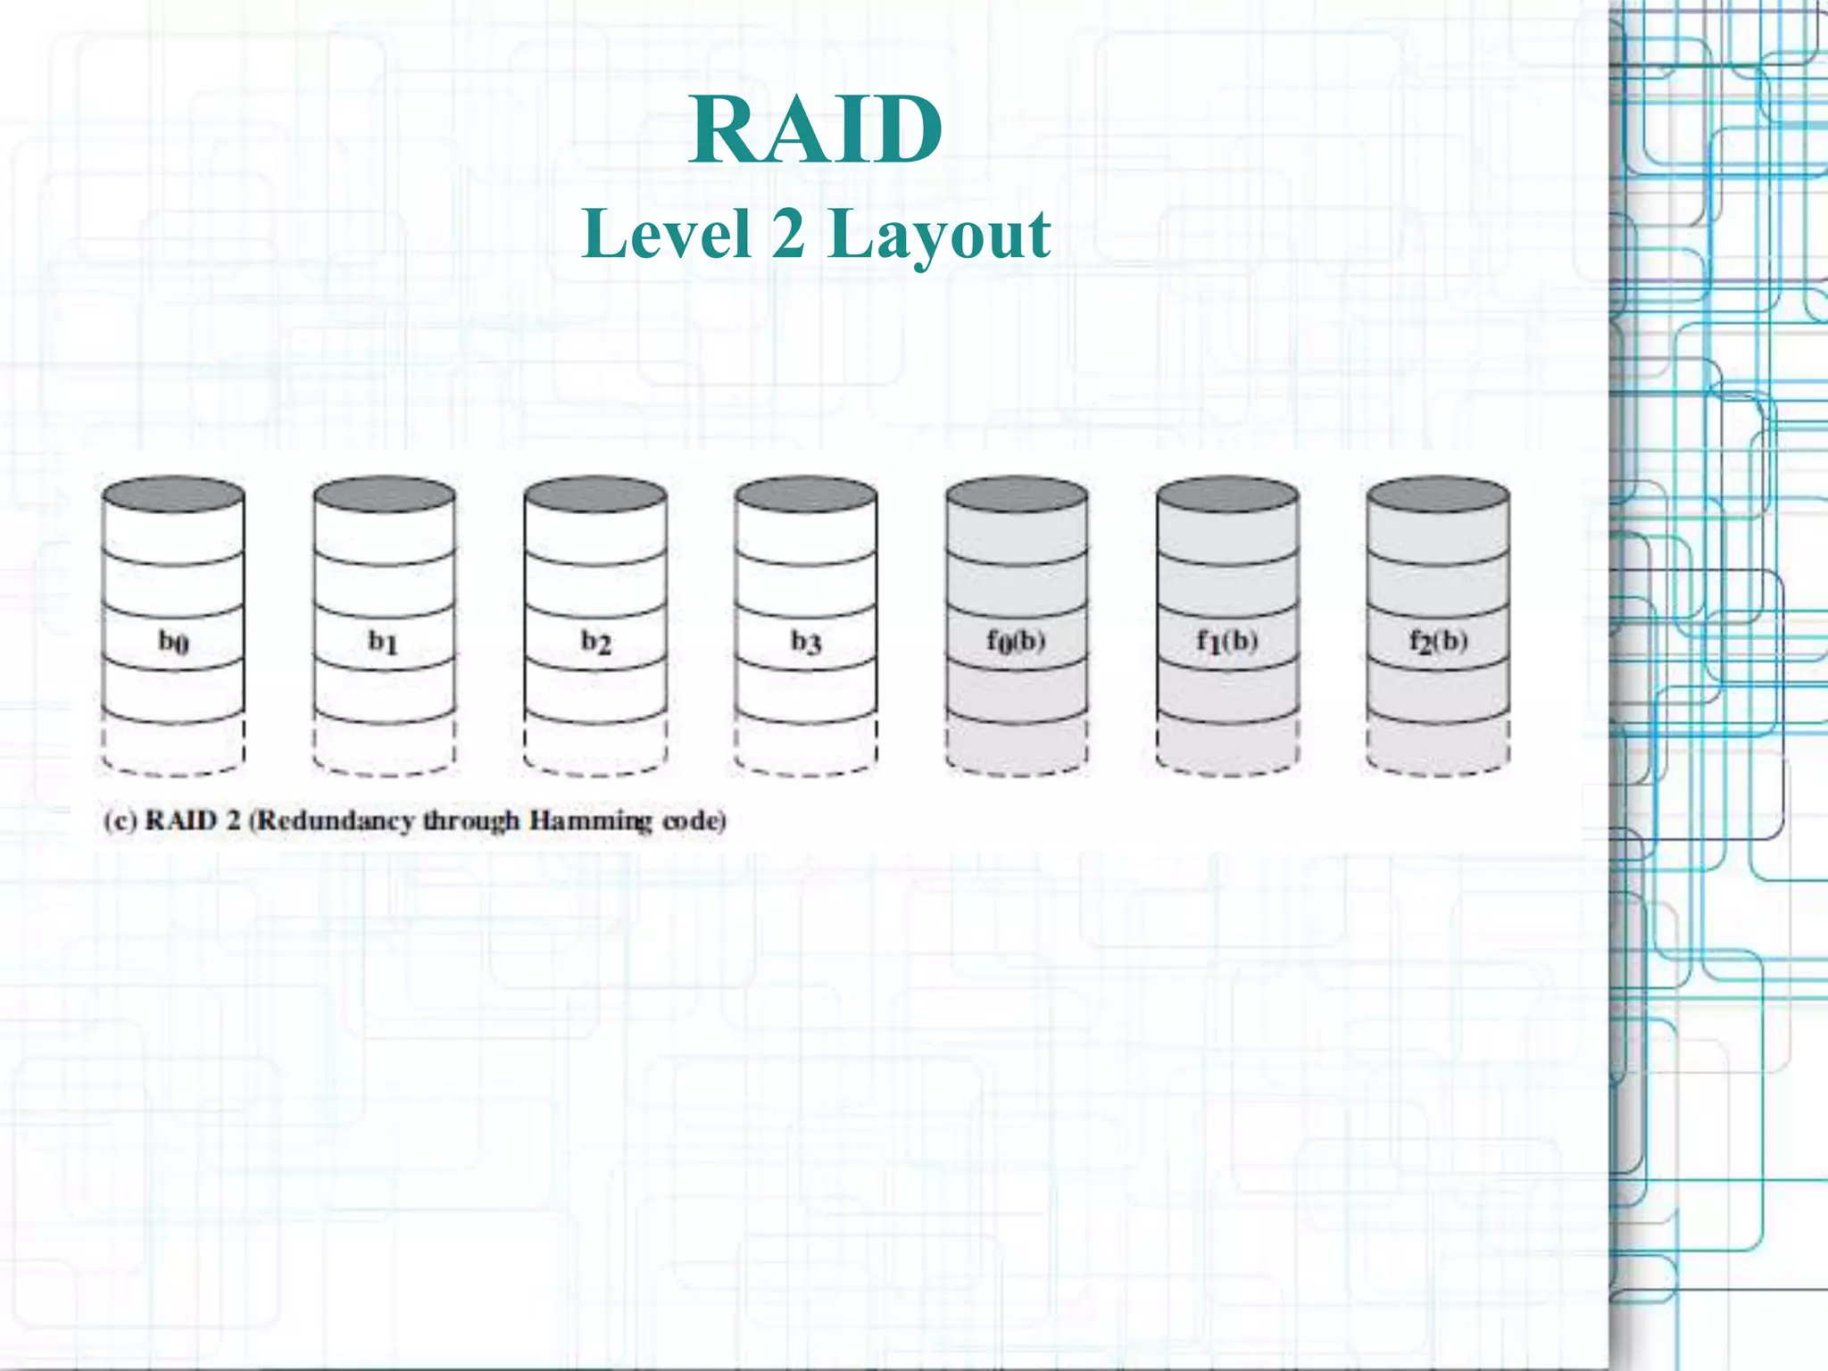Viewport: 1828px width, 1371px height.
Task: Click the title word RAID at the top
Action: [815, 131]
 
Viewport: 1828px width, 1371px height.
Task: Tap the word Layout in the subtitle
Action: [939, 236]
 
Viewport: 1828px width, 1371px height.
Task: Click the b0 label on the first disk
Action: [173, 641]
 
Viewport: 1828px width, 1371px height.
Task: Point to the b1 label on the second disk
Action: [384, 641]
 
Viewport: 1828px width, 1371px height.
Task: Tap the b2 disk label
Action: [595, 641]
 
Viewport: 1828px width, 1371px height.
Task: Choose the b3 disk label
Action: [806, 641]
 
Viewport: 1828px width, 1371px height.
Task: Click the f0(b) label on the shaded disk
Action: [1016, 641]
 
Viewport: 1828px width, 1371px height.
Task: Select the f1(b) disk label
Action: [1227, 641]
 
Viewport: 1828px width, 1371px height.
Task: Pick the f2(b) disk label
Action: [1438, 641]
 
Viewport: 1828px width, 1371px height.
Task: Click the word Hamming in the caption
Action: [591, 821]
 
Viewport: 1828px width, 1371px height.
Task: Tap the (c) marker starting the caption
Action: [119, 820]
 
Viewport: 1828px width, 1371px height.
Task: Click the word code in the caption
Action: [694, 820]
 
